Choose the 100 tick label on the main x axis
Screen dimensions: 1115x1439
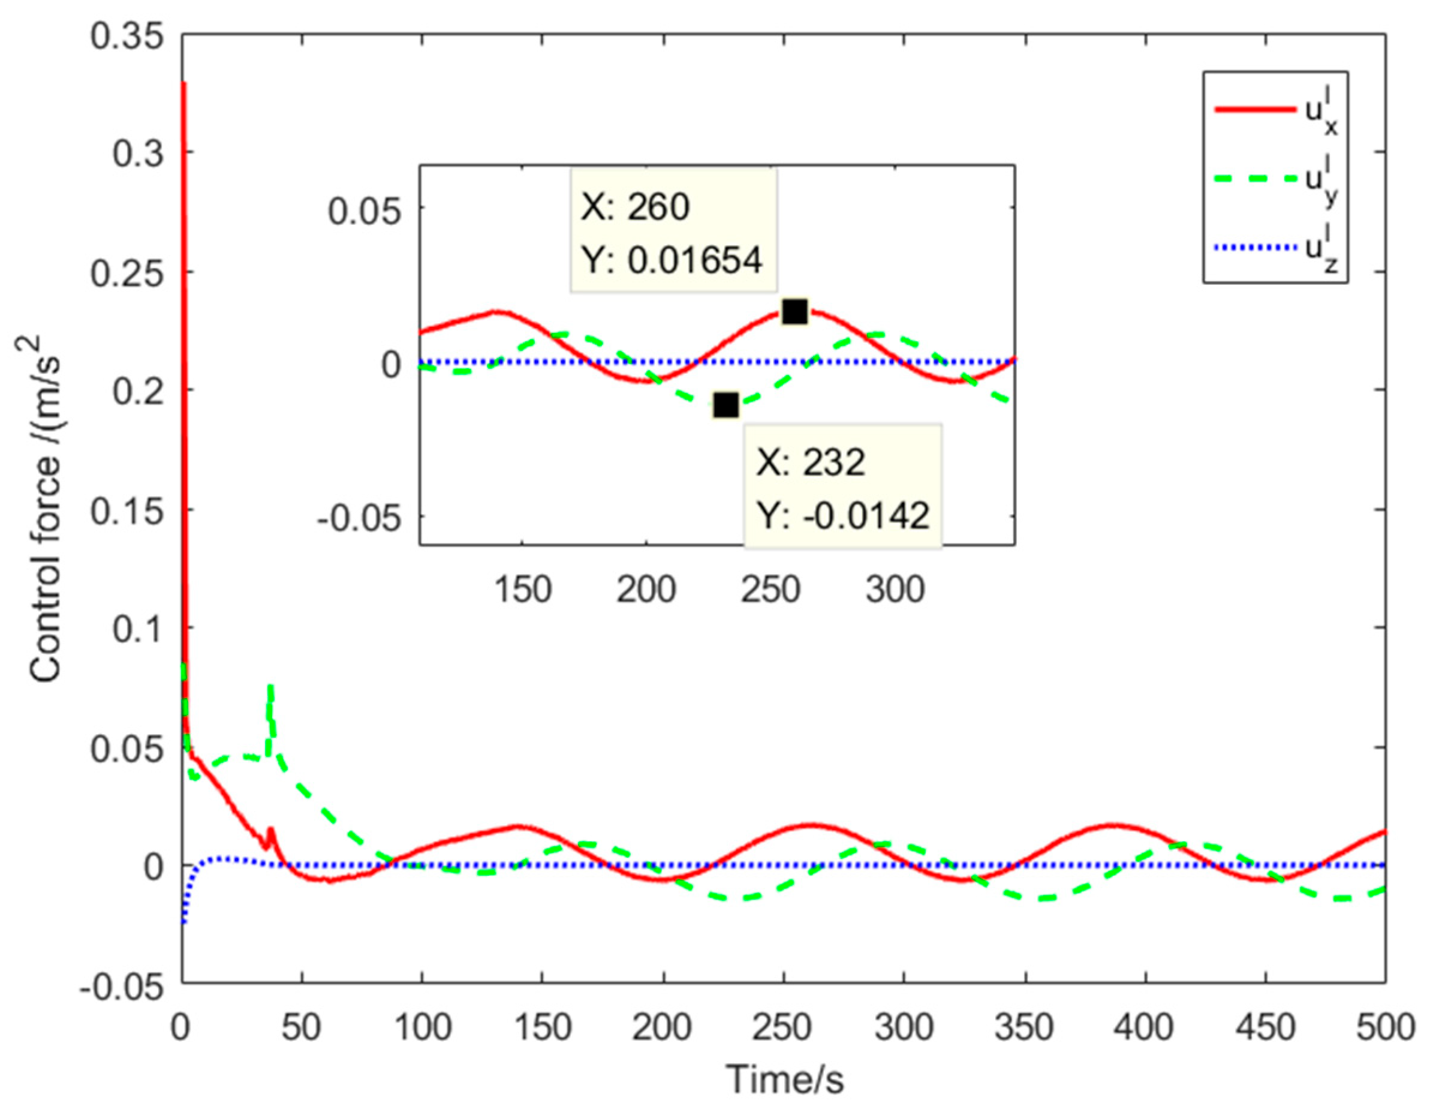(x=422, y=1028)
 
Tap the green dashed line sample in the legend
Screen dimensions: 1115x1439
(x=1254, y=179)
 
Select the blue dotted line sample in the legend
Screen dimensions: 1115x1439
(x=1254, y=248)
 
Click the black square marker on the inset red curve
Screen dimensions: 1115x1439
(x=794, y=312)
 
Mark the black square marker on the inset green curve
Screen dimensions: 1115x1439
(x=725, y=406)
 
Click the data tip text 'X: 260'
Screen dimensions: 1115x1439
(x=635, y=207)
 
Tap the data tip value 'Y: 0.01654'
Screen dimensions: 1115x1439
(x=672, y=260)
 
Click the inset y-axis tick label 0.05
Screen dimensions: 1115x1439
(x=365, y=212)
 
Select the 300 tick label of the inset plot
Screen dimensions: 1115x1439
(x=895, y=589)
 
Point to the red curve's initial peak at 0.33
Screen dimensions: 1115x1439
(x=184, y=84)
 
